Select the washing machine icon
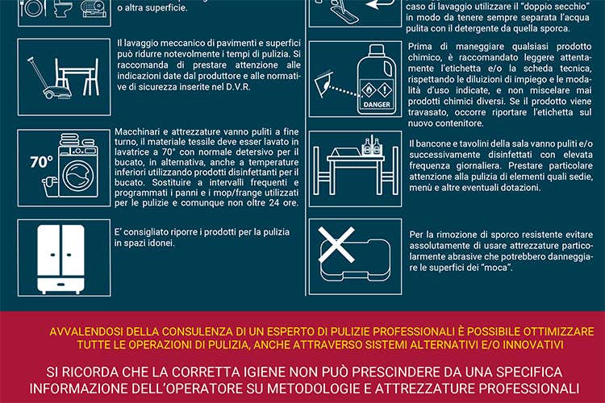click(x=65, y=170)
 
